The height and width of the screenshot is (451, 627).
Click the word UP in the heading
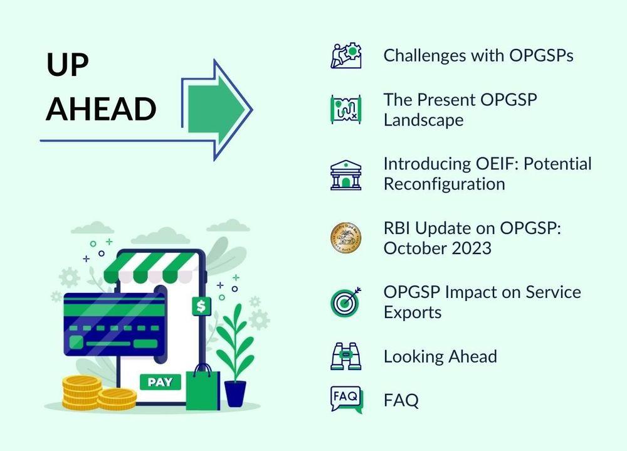click(67, 64)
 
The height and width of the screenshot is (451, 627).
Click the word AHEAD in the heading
click(101, 109)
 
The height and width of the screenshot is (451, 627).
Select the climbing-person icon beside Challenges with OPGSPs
click(346, 56)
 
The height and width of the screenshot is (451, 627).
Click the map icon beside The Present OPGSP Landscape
click(346, 109)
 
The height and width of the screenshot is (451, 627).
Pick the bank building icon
click(346, 175)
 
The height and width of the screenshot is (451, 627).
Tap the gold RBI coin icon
click(346, 238)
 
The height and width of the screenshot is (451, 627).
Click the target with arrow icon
click(345, 302)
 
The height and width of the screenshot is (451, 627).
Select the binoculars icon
click(346, 356)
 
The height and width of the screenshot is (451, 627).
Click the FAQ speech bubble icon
click(346, 400)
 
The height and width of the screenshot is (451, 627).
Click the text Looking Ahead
click(440, 356)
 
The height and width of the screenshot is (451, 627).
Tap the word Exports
click(413, 312)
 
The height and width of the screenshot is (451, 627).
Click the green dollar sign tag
click(201, 306)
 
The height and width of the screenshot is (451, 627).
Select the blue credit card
click(115, 324)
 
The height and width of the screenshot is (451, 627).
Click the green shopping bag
click(203, 387)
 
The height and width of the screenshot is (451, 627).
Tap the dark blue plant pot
click(235, 394)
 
